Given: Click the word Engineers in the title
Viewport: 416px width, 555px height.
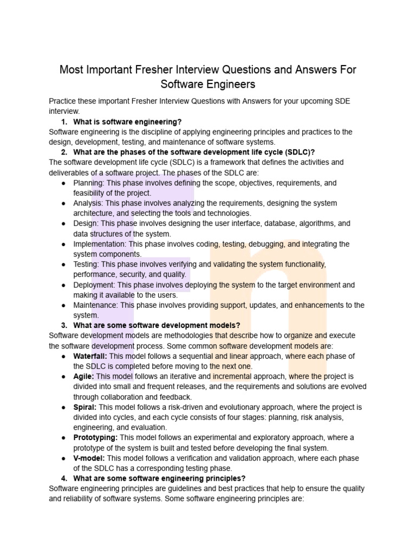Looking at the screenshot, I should (227, 85).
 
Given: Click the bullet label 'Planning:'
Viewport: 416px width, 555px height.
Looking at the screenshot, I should (89, 183).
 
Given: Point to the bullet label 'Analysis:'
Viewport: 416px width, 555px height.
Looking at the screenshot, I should (88, 203).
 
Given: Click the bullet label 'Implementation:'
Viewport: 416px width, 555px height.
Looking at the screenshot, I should (99, 244).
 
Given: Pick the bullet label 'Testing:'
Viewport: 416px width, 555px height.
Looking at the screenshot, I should (86, 264).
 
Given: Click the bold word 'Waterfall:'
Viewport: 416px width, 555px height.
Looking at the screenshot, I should (90, 356).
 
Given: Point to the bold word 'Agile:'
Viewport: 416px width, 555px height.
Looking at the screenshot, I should (84, 376).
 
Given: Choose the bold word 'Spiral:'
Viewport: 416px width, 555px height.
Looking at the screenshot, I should (85, 406).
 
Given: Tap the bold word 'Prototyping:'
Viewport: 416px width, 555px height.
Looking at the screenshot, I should (95, 437).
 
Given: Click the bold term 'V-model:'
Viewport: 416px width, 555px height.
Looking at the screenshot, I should (90, 458).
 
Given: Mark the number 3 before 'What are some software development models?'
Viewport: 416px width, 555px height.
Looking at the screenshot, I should (64, 325).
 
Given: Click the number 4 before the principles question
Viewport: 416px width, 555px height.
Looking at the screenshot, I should (64, 478).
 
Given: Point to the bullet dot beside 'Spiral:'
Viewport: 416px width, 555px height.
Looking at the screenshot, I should (63, 407).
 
